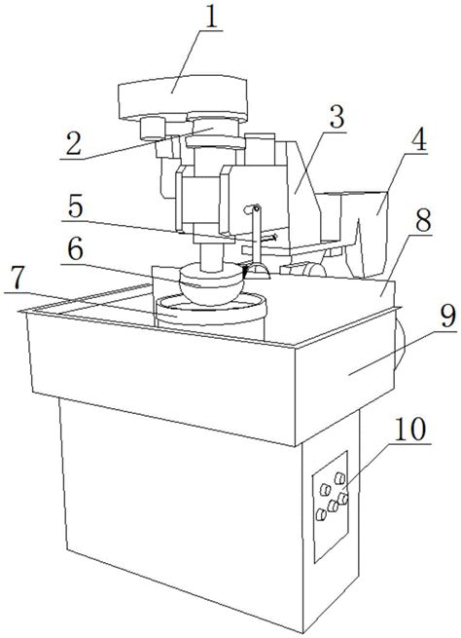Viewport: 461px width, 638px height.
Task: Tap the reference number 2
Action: click(x=73, y=143)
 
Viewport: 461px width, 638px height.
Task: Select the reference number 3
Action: click(x=337, y=117)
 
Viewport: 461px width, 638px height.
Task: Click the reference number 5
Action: click(x=76, y=207)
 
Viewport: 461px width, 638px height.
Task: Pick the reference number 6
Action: click(x=76, y=249)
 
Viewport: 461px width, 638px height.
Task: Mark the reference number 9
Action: click(x=447, y=317)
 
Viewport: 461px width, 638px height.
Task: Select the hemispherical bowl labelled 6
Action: click(x=212, y=284)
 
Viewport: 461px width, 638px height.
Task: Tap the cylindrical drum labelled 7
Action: click(x=211, y=317)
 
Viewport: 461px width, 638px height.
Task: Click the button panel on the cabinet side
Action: click(x=330, y=507)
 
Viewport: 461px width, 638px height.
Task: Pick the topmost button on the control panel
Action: click(x=339, y=478)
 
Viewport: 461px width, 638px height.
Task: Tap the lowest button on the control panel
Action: click(x=321, y=515)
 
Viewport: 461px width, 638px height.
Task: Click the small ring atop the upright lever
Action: click(x=257, y=208)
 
